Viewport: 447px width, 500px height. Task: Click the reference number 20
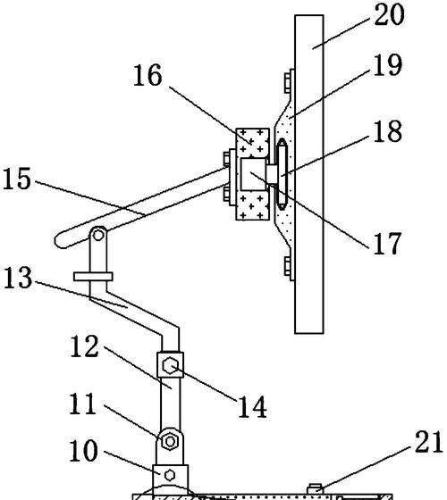389,14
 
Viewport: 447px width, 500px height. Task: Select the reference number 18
387,131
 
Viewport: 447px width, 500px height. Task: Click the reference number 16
148,75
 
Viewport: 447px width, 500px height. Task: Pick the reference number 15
17,179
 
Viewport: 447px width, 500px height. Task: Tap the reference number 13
18,278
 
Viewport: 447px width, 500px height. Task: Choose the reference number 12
84,346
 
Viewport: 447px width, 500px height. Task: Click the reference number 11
82,404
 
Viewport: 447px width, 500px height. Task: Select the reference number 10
84,451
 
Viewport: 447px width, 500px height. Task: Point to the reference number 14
252,406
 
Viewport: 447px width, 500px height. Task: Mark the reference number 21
428,441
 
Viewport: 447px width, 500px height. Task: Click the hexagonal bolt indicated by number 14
170,365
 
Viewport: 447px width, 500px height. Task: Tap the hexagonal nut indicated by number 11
170,441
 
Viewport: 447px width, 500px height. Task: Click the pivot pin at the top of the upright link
98,236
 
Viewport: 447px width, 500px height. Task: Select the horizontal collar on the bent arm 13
93,277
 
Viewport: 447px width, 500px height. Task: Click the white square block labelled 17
253,174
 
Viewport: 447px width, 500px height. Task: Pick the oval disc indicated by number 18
283,174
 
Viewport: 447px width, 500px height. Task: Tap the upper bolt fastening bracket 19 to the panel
289,81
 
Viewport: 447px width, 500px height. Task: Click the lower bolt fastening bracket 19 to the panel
289,269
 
